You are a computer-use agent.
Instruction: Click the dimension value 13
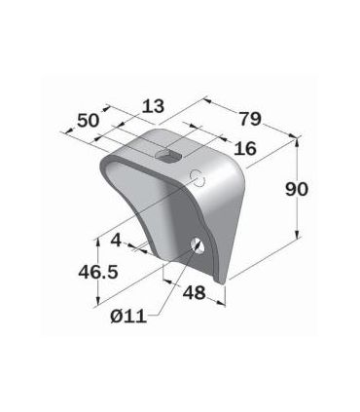coord(154,106)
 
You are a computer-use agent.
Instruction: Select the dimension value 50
coord(88,121)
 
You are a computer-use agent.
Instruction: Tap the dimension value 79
coord(250,119)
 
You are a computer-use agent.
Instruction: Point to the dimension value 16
coord(245,149)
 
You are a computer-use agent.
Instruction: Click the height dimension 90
coord(297,189)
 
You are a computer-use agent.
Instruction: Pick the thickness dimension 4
coord(117,241)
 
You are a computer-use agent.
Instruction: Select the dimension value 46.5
coord(98,272)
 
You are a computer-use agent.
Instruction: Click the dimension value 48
coord(195,293)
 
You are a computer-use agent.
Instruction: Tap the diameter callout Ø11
coord(128,316)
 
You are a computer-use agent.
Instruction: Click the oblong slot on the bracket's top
coord(168,154)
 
